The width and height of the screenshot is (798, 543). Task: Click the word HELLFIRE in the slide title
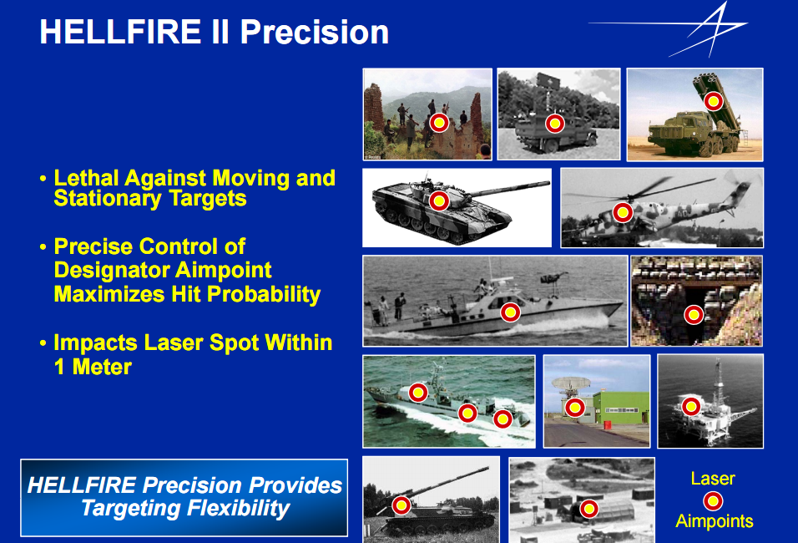click(x=120, y=32)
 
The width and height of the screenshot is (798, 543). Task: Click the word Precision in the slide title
click(x=315, y=32)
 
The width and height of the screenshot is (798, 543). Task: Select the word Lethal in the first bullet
click(x=86, y=178)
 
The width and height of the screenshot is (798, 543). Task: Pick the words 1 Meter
click(x=93, y=367)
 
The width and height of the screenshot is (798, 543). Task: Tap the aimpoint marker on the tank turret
click(x=439, y=200)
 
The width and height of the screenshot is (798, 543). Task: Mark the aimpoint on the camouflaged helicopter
click(x=623, y=212)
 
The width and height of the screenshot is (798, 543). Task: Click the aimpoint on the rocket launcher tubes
click(x=714, y=101)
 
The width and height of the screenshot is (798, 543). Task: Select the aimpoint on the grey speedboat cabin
click(x=510, y=312)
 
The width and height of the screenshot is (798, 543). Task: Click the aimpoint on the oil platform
click(x=691, y=407)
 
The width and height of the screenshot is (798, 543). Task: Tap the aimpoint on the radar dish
click(x=575, y=408)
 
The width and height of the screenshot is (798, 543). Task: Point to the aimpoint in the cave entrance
click(x=693, y=315)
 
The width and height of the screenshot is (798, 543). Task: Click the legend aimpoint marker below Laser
click(x=713, y=501)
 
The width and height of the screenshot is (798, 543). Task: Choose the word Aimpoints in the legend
click(x=714, y=521)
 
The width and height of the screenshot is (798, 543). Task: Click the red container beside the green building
click(x=608, y=425)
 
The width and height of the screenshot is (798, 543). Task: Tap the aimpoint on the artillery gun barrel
click(x=401, y=505)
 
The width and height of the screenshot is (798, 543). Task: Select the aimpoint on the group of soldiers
click(x=439, y=123)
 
